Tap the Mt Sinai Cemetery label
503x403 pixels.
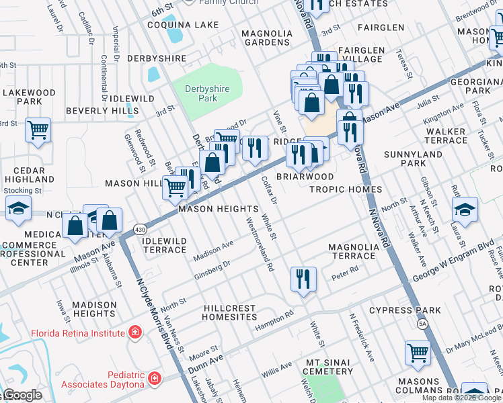point(329,366)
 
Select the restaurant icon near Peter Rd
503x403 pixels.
point(303,279)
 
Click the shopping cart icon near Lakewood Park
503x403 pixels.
point(38,130)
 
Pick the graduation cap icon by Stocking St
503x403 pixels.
point(18,209)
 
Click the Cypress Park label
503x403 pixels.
point(405,310)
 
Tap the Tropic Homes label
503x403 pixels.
point(345,189)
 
